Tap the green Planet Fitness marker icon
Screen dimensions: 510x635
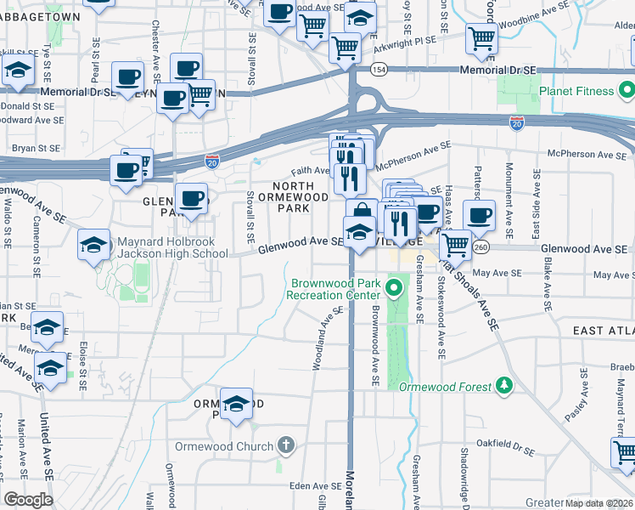tap(627, 90)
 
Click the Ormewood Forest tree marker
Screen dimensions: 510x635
tap(504, 386)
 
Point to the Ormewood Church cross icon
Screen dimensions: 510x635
tap(286, 445)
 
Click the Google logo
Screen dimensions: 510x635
tap(28, 500)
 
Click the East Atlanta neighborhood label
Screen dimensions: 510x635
tap(603, 330)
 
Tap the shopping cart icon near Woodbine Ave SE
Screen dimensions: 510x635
tap(481, 38)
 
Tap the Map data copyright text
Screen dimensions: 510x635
tap(599, 502)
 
